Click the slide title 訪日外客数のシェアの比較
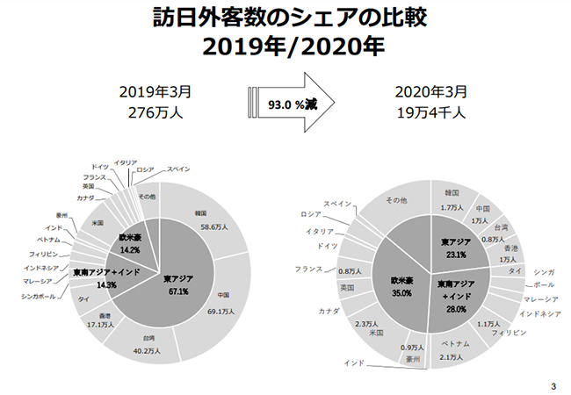point(285,18)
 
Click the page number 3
point(553,385)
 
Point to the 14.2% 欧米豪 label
point(129,248)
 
